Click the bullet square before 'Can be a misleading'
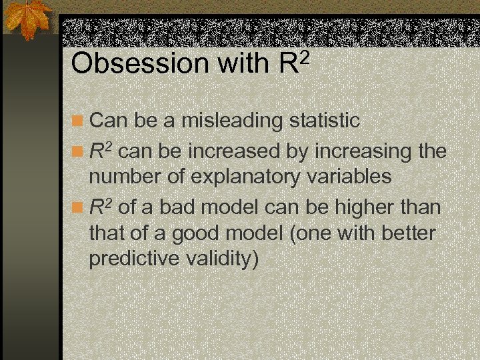pos(79,121)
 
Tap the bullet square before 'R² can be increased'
pos(79,152)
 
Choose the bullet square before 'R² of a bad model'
pos(79,208)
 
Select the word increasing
pos(360,151)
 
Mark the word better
pos(404,234)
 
